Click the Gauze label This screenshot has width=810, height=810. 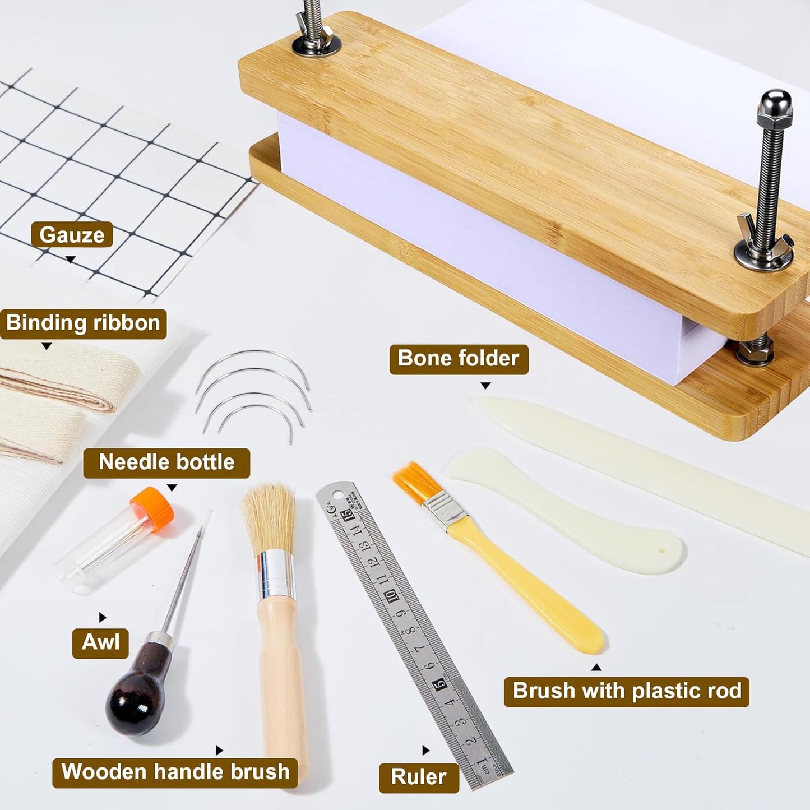point(72,235)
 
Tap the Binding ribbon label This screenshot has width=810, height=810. point(83,323)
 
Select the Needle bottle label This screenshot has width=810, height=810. point(166,462)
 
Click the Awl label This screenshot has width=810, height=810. point(100,642)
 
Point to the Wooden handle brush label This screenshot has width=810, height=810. point(175,772)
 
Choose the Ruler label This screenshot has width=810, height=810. point(418,777)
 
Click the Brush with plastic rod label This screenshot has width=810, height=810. point(627,691)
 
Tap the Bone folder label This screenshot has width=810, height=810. point(459,359)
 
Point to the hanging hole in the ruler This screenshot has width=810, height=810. point(337,494)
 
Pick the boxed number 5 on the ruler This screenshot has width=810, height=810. point(441,683)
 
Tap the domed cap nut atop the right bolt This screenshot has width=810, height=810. point(775,107)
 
